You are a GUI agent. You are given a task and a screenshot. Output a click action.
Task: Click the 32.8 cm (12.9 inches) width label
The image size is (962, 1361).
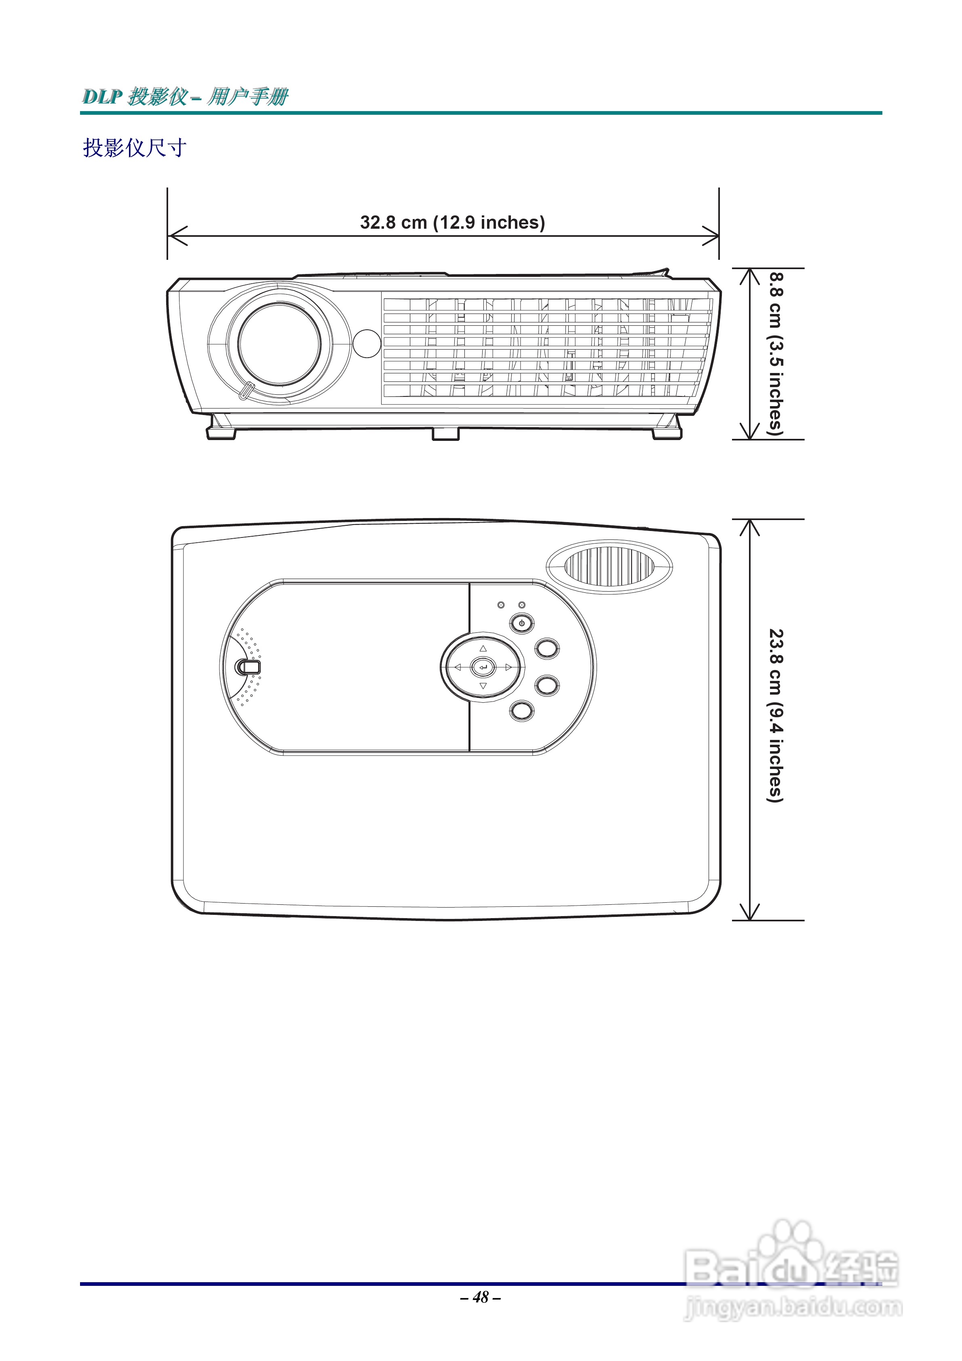452,222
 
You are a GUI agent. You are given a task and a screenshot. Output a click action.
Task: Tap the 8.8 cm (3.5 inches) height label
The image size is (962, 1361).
775,354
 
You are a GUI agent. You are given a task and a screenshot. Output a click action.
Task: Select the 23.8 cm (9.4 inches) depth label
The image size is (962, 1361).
775,716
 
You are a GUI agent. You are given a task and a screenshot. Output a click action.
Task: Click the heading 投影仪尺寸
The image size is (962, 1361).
135,147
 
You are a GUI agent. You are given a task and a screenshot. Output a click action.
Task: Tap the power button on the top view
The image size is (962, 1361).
521,623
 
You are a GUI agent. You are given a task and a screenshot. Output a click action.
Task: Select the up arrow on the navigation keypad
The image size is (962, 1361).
483,649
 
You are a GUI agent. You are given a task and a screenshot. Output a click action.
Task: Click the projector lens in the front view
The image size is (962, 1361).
279,344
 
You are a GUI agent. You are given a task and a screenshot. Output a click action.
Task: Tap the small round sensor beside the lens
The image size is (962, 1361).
367,343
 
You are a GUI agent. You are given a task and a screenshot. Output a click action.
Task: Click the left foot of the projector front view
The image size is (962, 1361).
221,430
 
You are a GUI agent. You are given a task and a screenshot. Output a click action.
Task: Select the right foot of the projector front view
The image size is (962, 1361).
667,430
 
